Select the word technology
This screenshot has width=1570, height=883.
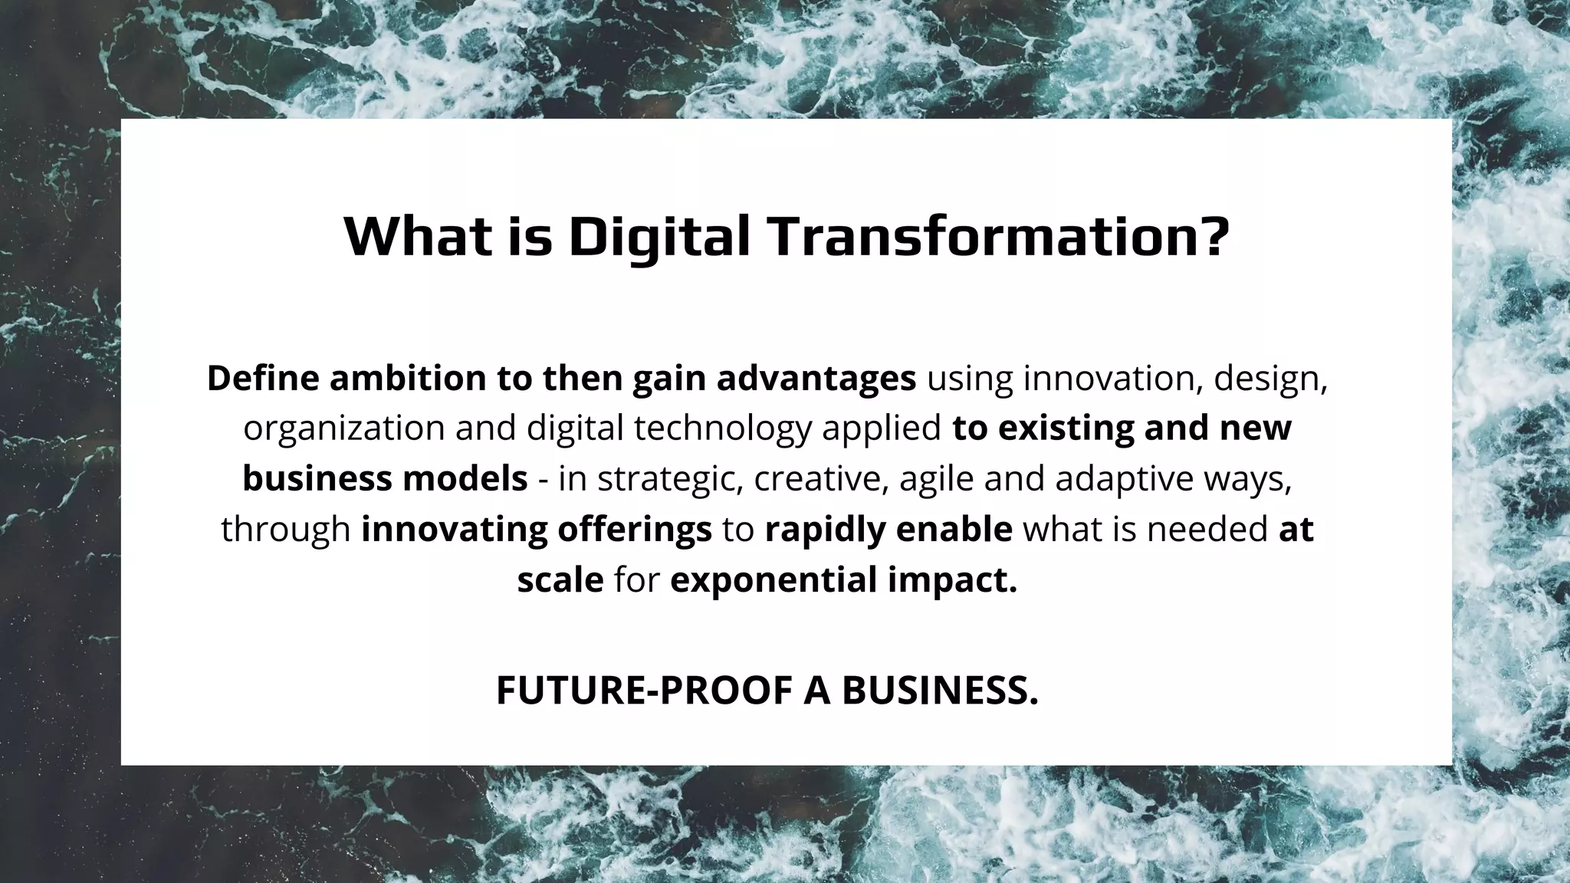(x=723, y=428)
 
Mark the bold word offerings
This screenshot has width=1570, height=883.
(x=635, y=530)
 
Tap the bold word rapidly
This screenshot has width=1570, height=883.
(x=813, y=530)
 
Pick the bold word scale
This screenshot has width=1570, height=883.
(x=560, y=579)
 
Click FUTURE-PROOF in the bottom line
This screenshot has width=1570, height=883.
(x=644, y=691)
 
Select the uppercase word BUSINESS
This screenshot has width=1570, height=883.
(x=940, y=691)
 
